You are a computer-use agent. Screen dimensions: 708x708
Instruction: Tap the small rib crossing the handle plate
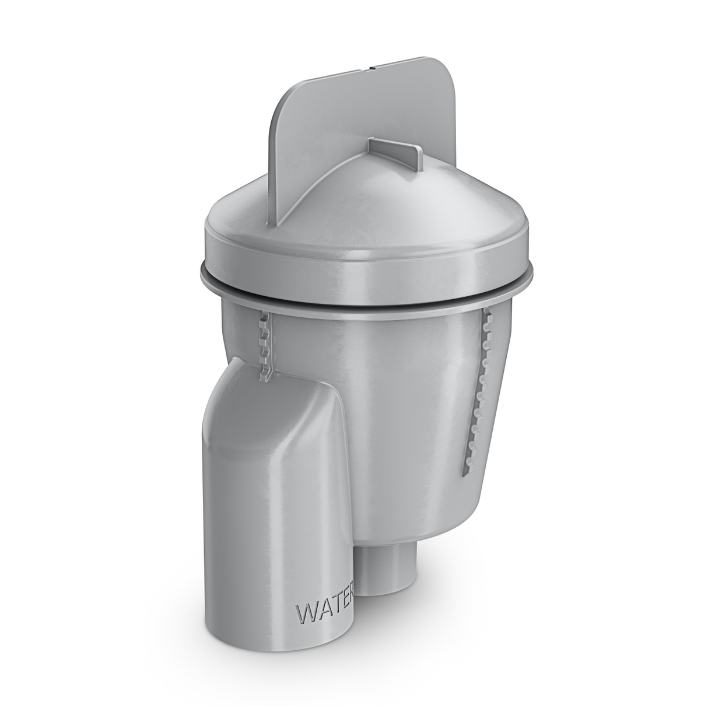click(x=397, y=150)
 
